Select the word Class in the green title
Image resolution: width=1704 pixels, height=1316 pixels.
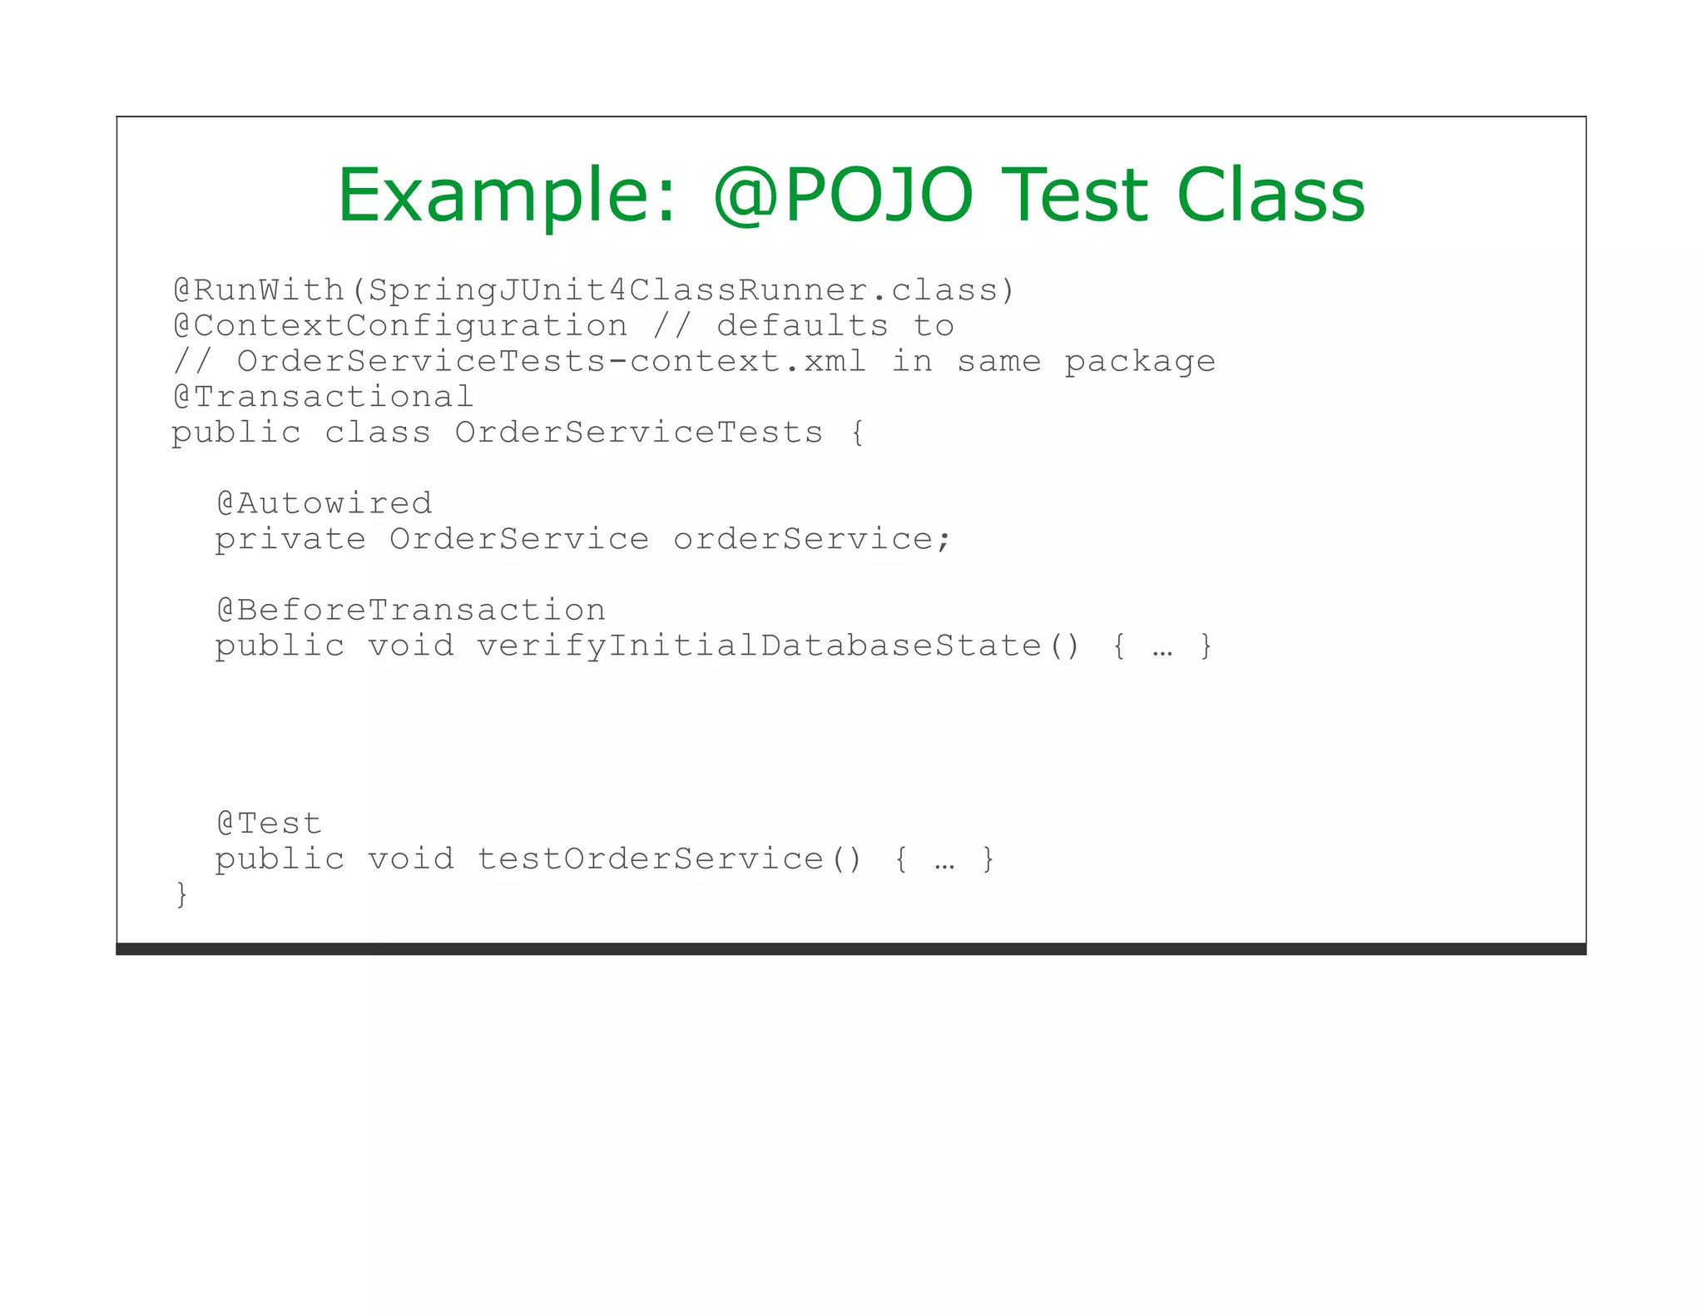(x=1271, y=195)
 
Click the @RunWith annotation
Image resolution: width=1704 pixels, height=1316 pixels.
(x=258, y=290)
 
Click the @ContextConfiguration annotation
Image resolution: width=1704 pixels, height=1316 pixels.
(x=400, y=326)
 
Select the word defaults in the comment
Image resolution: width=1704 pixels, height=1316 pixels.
(x=802, y=326)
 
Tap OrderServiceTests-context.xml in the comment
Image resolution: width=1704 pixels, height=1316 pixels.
(x=551, y=362)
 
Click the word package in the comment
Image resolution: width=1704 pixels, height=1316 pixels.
(x=1140, y=362)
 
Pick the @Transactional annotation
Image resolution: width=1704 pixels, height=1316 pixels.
(x=323, y=398)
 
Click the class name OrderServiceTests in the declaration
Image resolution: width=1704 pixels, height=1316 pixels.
(x=638, y=433)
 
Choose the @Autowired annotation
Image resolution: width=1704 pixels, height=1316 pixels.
(x=324, y=503)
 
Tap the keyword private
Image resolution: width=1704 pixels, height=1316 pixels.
(x=290, y=539)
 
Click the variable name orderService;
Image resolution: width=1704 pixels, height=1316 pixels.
(x=811, y=539)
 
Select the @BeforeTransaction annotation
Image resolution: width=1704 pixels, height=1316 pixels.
(x=411, y=611)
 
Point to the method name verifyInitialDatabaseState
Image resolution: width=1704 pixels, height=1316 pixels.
(x=759, y=646)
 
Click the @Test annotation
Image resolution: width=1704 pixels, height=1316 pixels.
(x=269, y=824)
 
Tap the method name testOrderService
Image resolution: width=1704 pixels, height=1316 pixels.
(x=650, y=858)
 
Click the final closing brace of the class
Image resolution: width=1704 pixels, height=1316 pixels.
(x=181, y=895)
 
